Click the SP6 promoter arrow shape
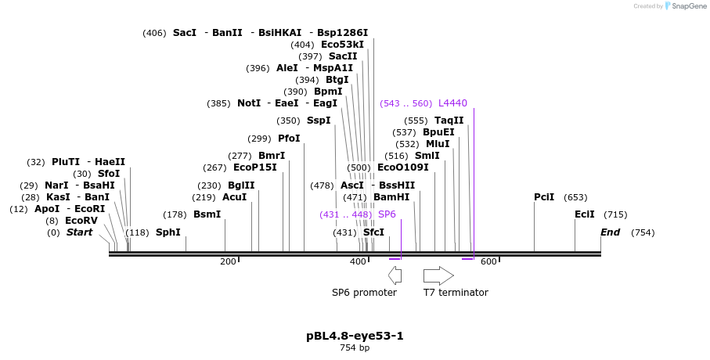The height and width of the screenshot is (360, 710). (x=395, y=275)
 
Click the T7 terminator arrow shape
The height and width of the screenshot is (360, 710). (x=438, y=275)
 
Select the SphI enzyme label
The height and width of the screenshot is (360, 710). (x=168, y=232)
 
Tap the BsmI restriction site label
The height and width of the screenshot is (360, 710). (x=207, y=214)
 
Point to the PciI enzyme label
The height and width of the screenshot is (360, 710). (x=544, y=197)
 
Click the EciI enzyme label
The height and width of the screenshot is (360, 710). (x=585, y=214)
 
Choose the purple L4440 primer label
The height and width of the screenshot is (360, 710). (x=452, y=103)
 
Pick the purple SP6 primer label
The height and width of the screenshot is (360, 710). (x=387, y=214)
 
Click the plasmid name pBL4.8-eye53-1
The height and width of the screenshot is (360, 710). (x=355, y=336)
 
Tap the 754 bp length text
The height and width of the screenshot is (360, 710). (x=355, y=347)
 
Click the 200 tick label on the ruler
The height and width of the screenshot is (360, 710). (x=228, y=261)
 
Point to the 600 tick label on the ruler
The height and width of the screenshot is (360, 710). (x=488, y=261)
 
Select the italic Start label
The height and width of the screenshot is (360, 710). (x=79, y=232)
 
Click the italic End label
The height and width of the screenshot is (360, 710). (x=610, y=232)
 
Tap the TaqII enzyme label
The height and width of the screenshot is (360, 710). (x=449, y=121)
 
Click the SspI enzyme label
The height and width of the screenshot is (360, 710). (x=319, y=121)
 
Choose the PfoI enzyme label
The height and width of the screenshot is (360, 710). (x=289, y=139)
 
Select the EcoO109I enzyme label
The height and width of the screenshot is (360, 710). (x=403, y=167)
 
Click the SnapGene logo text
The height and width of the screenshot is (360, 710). (x=686, y=6)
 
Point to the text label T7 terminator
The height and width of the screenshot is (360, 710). (x=456, y=293)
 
